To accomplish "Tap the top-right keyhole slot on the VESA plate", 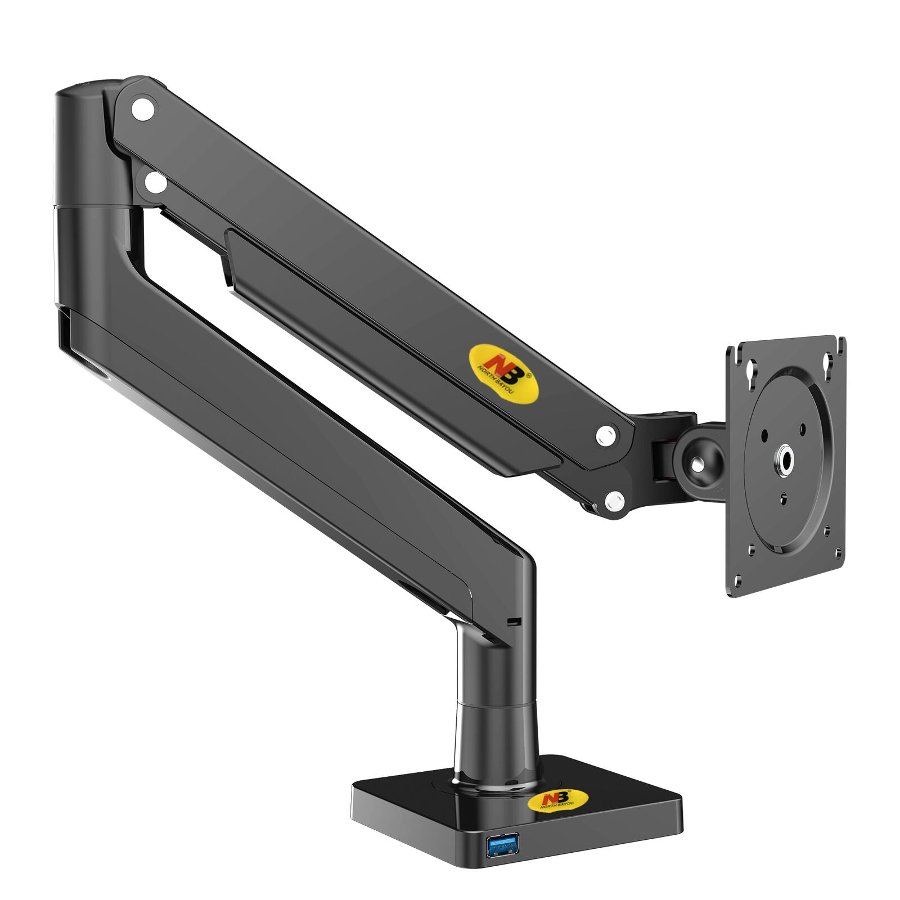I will click(x=826, y=362).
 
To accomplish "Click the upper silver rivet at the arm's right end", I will click(x=605, y=435).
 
